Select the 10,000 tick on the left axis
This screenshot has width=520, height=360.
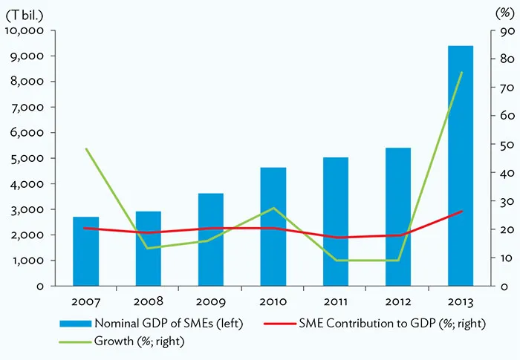[25, 30]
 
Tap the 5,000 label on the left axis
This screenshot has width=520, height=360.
[28, 158]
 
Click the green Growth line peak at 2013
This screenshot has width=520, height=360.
[461, 72]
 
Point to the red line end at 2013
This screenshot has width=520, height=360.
[461, 212]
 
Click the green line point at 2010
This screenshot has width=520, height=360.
[273, 208]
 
